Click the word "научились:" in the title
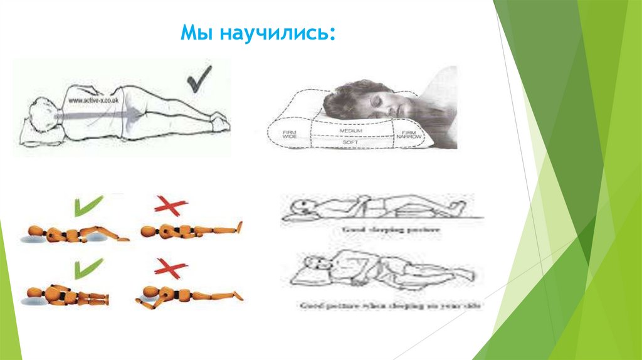tap(276, 33)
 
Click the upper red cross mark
tap(170, 205)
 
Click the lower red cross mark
tap(171, 269)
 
